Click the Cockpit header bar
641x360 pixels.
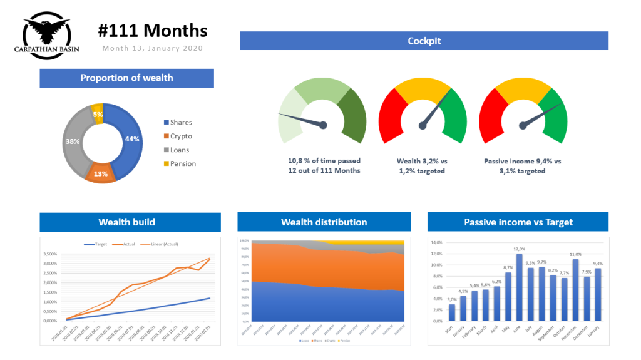(x=424, y=41)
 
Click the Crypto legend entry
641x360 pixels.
(x=181, y=136)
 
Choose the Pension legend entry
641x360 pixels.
(x=183, y=163)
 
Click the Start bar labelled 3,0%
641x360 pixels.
(x=452, y=312)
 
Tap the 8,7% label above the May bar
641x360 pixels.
(x=508, y=267)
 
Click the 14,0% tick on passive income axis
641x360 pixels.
(x=436, y=242)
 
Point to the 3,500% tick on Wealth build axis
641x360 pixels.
(x=65, y=254)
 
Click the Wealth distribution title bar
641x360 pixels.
(x=324, y=222)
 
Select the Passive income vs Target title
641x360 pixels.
(x=518, y=222)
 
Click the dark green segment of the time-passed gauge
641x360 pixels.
(x=352, y=112)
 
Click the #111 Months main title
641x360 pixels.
(x=153, y=31)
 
